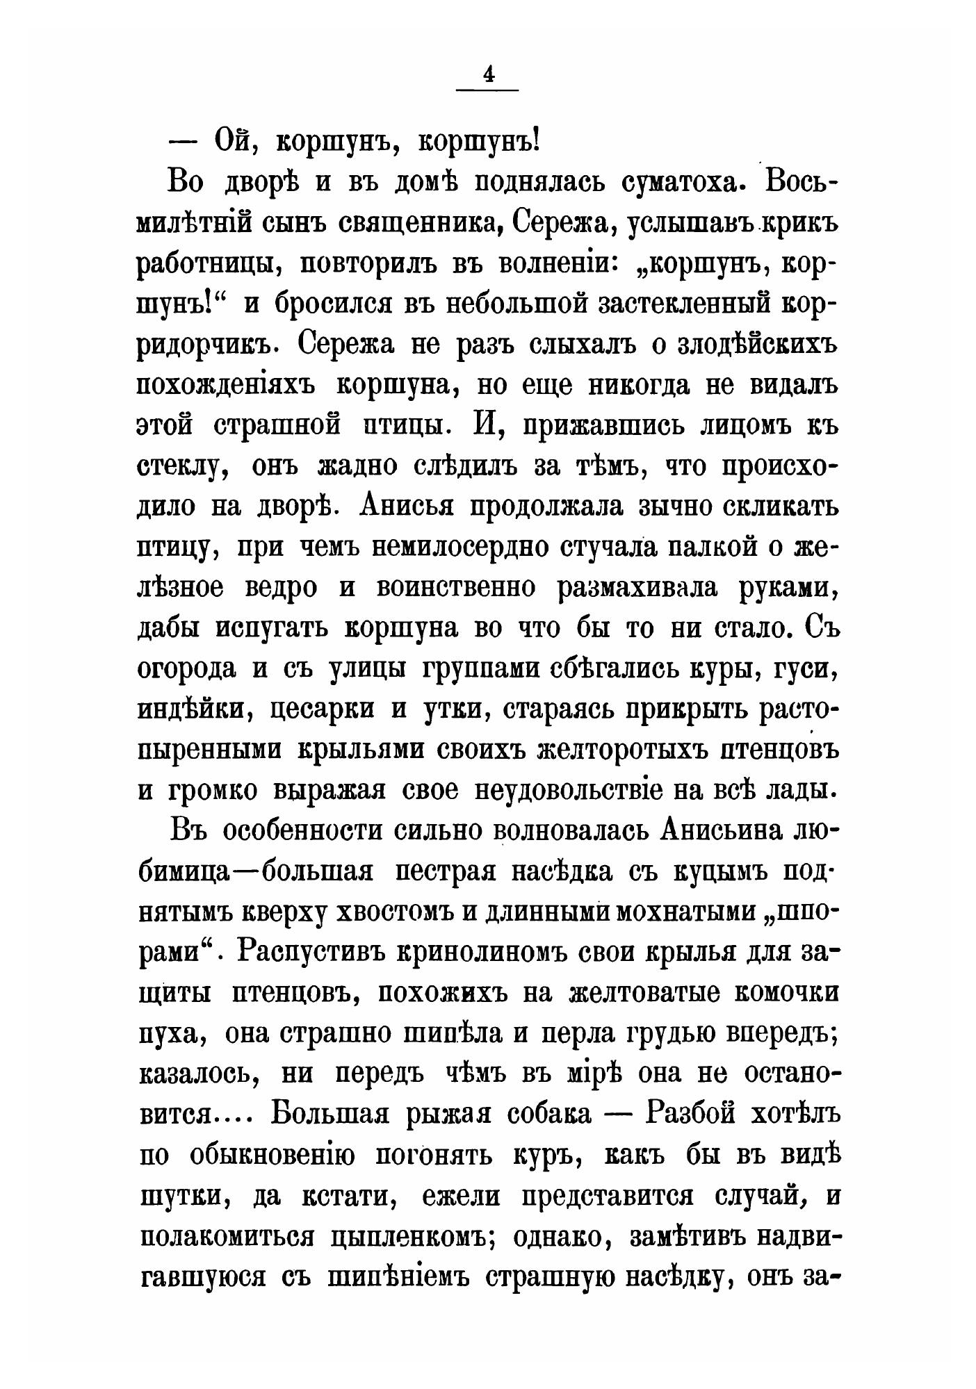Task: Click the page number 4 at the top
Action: [x=488, y=75]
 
